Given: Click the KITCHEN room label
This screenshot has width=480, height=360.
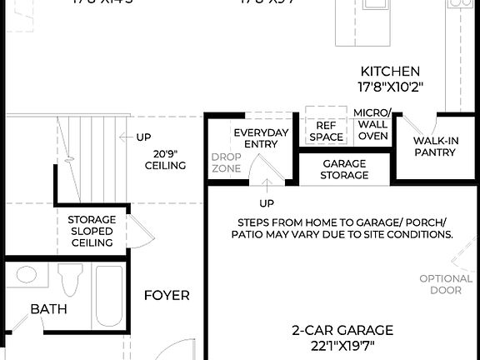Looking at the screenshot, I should (390, 72).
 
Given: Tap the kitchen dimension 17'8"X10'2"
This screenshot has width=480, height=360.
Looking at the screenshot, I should (390, 87).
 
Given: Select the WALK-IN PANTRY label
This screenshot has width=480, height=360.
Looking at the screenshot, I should (436, 147).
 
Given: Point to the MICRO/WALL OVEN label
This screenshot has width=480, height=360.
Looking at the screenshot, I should (372, 124).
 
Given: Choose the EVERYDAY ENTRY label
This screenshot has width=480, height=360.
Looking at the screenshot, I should (261, 138).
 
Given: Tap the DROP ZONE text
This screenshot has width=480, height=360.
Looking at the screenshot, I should (225, 162).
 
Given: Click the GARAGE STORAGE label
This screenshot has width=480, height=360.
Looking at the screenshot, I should (344, 169).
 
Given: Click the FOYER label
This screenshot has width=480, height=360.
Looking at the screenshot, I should (167, 295).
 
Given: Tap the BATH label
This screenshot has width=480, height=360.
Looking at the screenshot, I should (48, 309).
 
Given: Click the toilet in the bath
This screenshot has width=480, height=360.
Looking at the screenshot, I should (68, 282).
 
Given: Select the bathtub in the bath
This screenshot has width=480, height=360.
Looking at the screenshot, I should (108, 296).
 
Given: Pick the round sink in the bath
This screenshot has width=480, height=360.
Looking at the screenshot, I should (27, 275).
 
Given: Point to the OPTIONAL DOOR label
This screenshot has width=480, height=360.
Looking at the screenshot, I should (446, 284).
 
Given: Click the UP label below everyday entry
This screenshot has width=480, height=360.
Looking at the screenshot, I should (267, 202).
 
